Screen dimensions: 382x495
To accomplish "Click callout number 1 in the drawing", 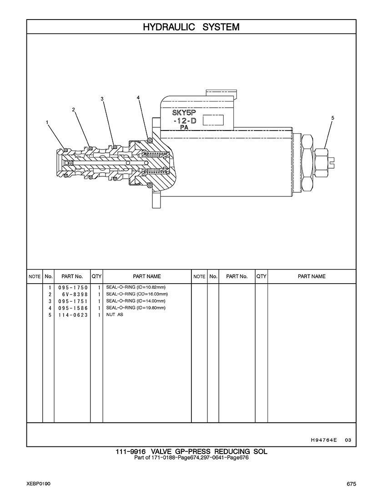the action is (x=47, y=122).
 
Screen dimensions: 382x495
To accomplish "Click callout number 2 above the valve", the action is (x=74, y=110).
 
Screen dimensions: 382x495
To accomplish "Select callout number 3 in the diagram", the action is (x=102, y=99).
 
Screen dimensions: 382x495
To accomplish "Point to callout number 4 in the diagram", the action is (x=138, y=98).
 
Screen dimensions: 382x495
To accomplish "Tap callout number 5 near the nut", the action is (x=332, y=118).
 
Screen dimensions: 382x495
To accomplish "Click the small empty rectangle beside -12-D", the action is (x=213, y=120).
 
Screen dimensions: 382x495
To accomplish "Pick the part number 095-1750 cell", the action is (x=73, y=288).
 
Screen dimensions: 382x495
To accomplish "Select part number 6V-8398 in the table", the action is (x=75, y=295).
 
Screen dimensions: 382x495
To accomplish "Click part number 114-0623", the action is (x=73, y=315).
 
